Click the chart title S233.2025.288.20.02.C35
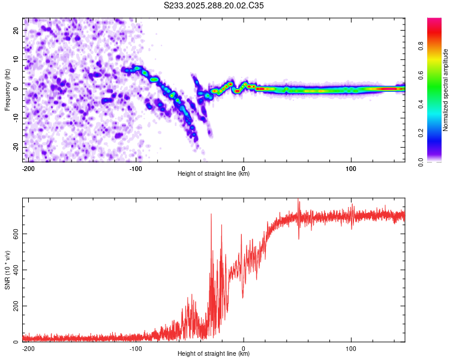[214, 5]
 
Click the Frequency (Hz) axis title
[7, 89]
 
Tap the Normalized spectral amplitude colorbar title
[445, 90]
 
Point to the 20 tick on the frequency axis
[16, 30]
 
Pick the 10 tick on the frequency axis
[16, 59]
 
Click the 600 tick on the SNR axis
[14, 233]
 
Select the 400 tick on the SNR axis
[14, 269]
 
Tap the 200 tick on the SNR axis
[14, 306]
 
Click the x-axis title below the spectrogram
[214, 174]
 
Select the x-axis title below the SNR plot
[214, 354]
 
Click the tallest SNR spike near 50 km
[299, 200]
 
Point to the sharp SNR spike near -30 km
[211, 214]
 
